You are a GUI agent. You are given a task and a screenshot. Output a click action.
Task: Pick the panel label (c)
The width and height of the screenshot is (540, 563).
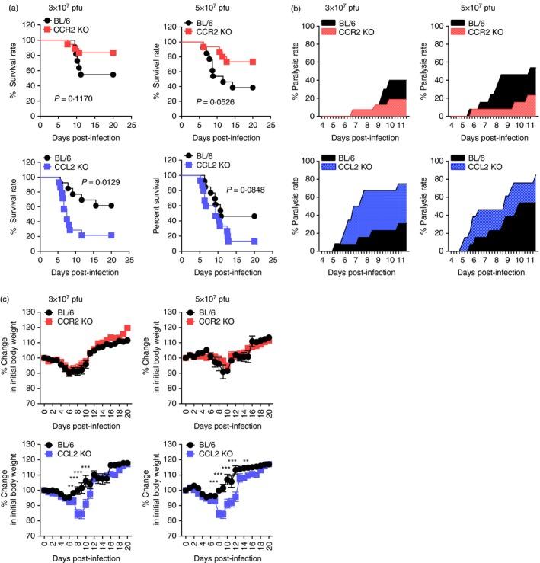(10, 285)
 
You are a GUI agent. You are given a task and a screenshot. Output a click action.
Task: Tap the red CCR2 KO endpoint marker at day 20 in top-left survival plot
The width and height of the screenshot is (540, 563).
(113, 53)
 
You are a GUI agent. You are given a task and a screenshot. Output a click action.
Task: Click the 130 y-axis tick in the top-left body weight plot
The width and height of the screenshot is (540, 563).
(32, 312)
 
